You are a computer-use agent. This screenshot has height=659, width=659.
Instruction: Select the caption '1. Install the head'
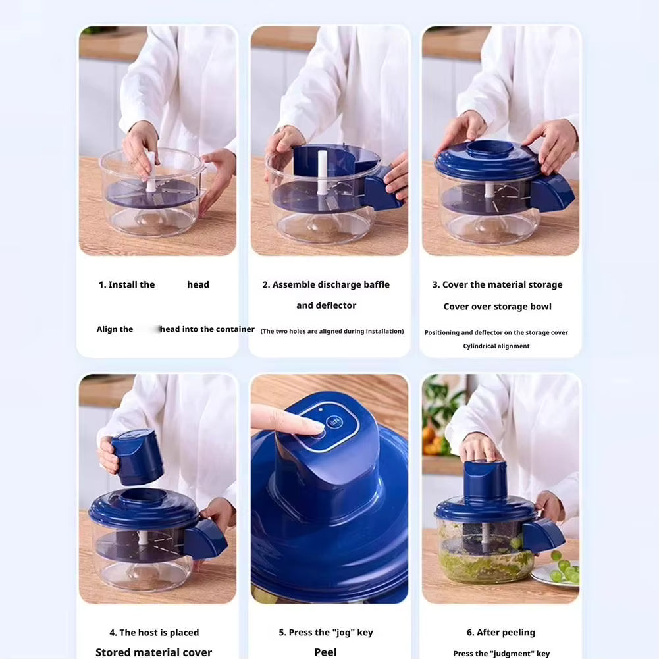tap(154, 285)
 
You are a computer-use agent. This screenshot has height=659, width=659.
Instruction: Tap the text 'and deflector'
tap(326, 305)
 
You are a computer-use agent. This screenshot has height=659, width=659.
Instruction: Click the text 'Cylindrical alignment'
tap(496, 346)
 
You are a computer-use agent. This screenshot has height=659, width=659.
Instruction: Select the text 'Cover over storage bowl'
tap(497, 307)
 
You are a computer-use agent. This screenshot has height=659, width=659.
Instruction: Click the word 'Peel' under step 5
tap(325, 652)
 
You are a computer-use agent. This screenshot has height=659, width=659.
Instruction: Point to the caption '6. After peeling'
tap(501, 633)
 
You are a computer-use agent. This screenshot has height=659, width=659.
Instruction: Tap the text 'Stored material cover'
tap(153, 652)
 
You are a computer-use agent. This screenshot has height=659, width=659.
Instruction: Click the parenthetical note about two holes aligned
tap(332, 331)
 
